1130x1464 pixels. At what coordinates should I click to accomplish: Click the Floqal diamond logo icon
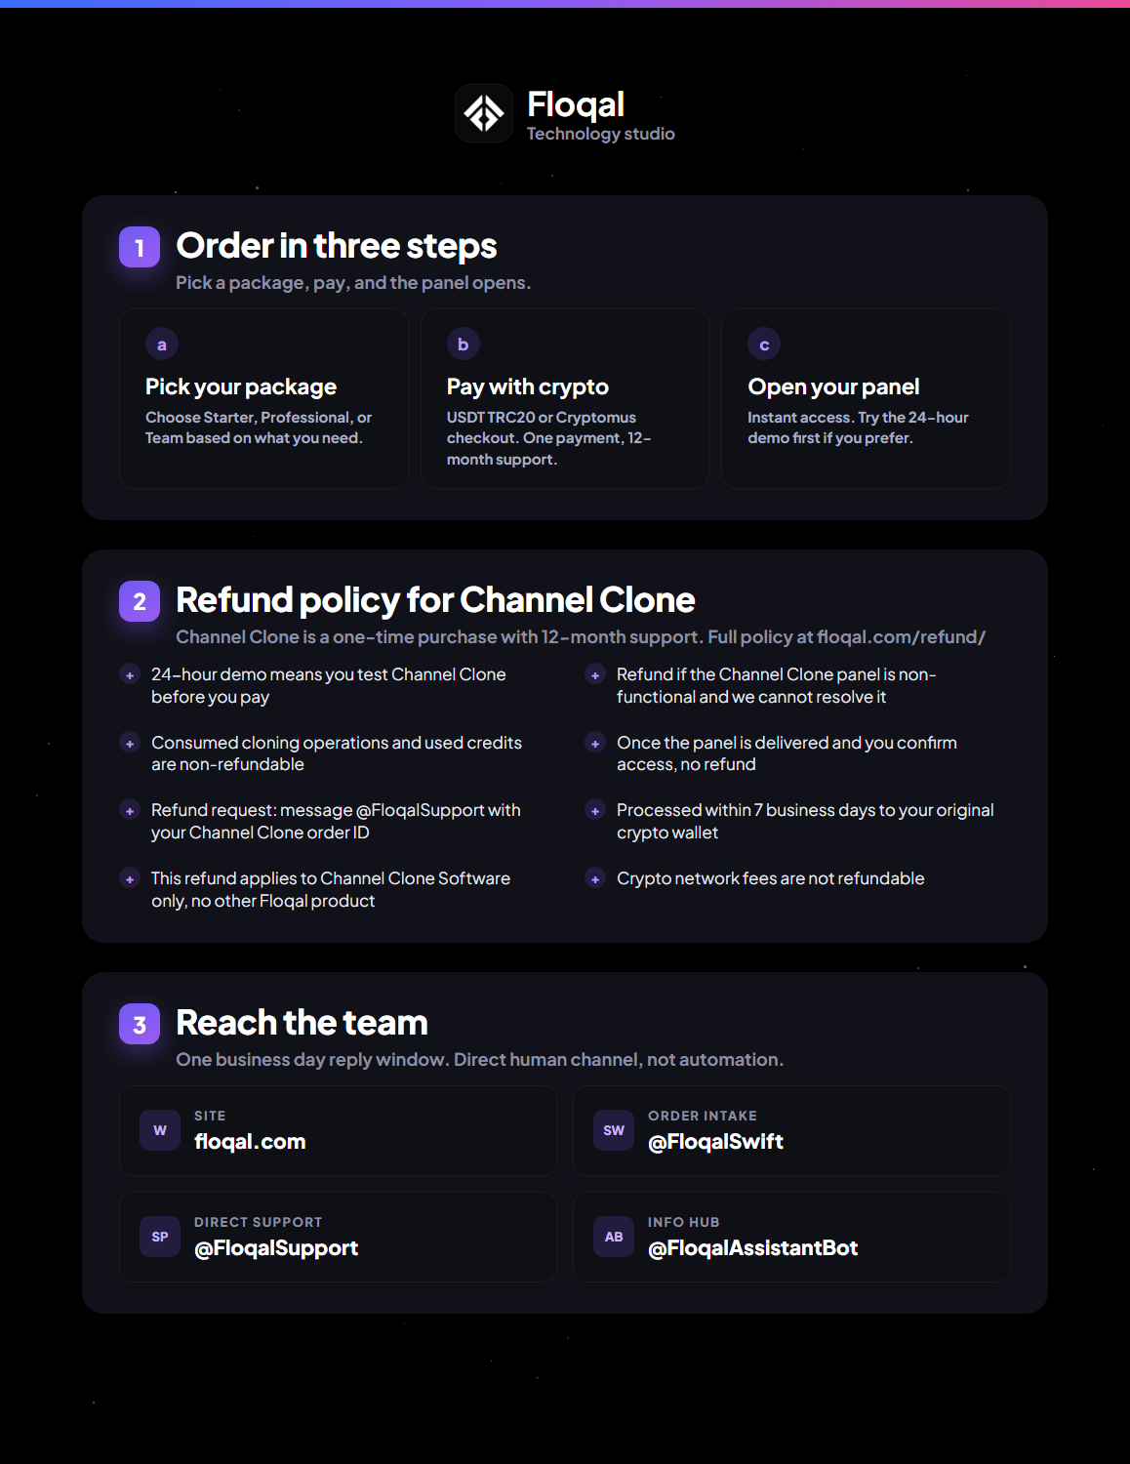[x=483, y=113]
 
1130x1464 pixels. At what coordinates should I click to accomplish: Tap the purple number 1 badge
[x=140, y=247]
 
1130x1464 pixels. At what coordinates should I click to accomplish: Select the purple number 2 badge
[x=140, y=601]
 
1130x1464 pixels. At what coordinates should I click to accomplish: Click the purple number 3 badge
[x=140, y=1024]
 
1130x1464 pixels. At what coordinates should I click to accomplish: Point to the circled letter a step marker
[x=162, y=345]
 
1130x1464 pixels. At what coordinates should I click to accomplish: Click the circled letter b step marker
[x=464, y=345]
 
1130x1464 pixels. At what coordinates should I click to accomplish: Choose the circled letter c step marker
[x=764, y=345]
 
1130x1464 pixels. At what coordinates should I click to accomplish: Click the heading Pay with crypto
[x=527, y=386]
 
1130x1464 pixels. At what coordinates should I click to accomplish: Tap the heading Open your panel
[x=833, y=386]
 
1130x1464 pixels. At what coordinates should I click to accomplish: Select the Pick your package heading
[x=240, y=386]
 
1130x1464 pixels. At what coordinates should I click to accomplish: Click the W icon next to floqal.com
[x=160, y=1130]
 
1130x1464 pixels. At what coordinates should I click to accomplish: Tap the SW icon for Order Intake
[x=614, y=1130]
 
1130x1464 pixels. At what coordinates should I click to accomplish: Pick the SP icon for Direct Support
[x=160, y=1237]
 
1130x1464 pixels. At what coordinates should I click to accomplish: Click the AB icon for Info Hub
[x=614, y=1237]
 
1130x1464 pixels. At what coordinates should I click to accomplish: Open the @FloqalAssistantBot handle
[x=753, y=1247]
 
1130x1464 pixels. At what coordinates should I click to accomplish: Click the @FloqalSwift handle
[x=715, y=1141]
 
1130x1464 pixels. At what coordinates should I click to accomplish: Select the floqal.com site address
[x=250, y=1141]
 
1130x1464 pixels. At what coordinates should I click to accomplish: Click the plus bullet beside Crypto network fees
[x=595, y=878]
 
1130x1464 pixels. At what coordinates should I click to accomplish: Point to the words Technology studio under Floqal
[x=601, y=134]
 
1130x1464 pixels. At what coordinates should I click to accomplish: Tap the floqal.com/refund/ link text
[x=901, y=636]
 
